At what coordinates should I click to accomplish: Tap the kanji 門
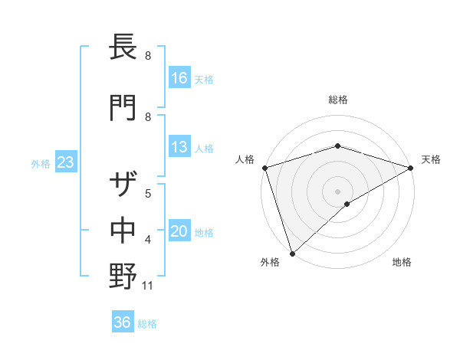[123, 106]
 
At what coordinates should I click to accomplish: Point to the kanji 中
[123, 231]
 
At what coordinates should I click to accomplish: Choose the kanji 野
[123, 275]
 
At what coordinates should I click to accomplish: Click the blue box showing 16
[180, 77]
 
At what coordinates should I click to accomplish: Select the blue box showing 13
[180, 147]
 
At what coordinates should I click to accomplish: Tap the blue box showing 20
[180, 232]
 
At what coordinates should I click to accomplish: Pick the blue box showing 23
[65, 162]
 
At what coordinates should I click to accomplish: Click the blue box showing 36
[123, 322]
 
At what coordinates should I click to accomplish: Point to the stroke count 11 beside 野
[149, 286]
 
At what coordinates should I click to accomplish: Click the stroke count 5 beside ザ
[148, 192]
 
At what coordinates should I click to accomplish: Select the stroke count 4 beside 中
[148, 240]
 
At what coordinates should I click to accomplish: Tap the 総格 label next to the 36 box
[147, 323]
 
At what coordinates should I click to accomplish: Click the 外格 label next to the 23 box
[41, 163]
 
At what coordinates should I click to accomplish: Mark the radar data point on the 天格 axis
[411, 167]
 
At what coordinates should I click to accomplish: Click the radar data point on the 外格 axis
[291, 254]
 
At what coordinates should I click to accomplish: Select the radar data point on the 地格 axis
[347, 204]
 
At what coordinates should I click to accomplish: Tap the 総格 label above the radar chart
[337, 100]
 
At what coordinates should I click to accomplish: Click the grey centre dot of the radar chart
[337, 190]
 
